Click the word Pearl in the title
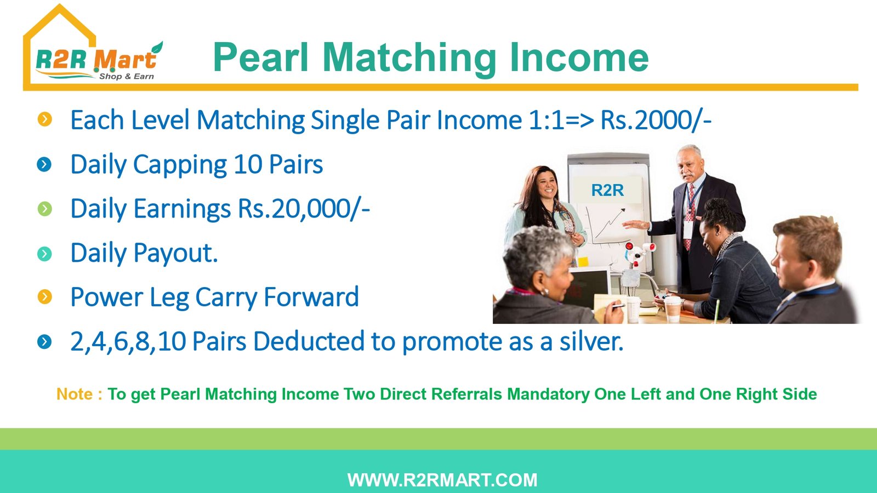[x=261, y=58]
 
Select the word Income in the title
[x=579, y=58]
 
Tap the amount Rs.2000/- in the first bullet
[x=656, y=120]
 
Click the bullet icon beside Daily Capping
[x=44, y=164]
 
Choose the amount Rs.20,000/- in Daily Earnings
[x=304, y=209]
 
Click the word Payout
[x=175, y=253]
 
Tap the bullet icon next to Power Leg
[x=44, y=297]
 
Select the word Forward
[x=311, y=296]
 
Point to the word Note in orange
[x=75, y=394]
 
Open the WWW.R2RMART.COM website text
[x=442, y=480]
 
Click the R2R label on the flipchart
[x=607, y=190]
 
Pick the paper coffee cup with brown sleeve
[x=673, y=309]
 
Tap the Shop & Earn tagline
[x=127, y=76]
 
